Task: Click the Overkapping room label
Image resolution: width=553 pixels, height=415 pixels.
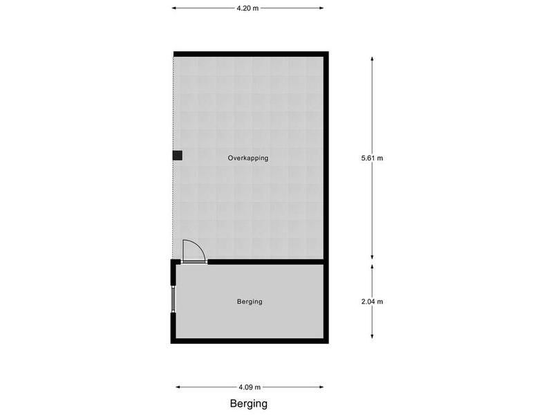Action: (x=248, y=158)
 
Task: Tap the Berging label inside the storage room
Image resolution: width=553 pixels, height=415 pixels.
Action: (x=250, y=302)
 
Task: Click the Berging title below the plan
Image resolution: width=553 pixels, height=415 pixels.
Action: (x=249, y=404)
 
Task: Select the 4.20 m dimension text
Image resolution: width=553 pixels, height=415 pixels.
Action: (x=247, y=8)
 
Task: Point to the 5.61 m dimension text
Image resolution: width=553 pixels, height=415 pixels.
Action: (x=372, y=158)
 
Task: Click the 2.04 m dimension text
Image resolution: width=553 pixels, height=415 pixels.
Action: (x=372, y=302)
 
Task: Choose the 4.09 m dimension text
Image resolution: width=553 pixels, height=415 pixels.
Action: (x=250, y=387)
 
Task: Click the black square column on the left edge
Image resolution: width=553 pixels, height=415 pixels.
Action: (x=178, y=156)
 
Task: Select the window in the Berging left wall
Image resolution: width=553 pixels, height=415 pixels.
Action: (x=174, y=299)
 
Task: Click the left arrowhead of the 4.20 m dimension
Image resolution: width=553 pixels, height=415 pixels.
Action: (x=174, y=8)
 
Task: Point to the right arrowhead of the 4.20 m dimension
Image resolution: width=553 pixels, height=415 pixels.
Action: (x=321, y=8)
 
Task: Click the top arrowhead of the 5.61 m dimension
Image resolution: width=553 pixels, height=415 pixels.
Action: (x=372, y=59)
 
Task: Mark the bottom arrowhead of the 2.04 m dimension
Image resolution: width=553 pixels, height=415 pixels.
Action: (x=372, y=336)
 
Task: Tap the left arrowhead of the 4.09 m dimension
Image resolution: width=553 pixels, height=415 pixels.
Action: (x=178, y=387)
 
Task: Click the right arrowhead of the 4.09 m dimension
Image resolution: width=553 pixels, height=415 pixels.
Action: (x=321, y=387)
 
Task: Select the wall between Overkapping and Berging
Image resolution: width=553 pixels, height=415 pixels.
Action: (x=265, y=262)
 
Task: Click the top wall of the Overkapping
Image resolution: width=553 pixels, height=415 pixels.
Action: (x=251, y=54)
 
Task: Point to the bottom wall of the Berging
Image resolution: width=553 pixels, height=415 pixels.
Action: (x=250, y=341)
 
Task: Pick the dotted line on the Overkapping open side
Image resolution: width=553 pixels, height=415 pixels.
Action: (x=174, y=158)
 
